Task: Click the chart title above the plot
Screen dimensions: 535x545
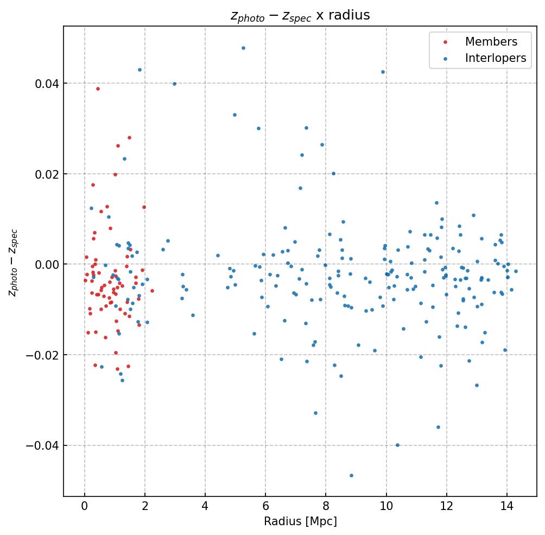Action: click(x=300, y=15)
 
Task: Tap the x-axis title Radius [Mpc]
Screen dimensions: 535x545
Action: click(x=300, y=521)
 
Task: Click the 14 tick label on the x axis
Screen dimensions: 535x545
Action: click(x=507, y=507)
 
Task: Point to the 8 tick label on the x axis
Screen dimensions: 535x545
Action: click(x=326, y=507)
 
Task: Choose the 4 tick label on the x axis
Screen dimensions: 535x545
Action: click(x=205, y=507)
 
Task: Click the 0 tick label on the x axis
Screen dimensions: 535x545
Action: click(x=85, y=507)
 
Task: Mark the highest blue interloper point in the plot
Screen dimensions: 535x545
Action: click(x=243, y=48)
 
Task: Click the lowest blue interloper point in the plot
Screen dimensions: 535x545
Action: click(x=351, y=475)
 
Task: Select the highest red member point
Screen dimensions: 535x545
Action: click(x=98, y=89)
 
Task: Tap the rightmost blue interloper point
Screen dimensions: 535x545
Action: click(x=516, y=271)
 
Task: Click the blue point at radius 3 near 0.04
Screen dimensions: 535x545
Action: click(x=174, y=84)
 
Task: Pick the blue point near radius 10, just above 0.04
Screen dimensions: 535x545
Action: click(x=383, y=72)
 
